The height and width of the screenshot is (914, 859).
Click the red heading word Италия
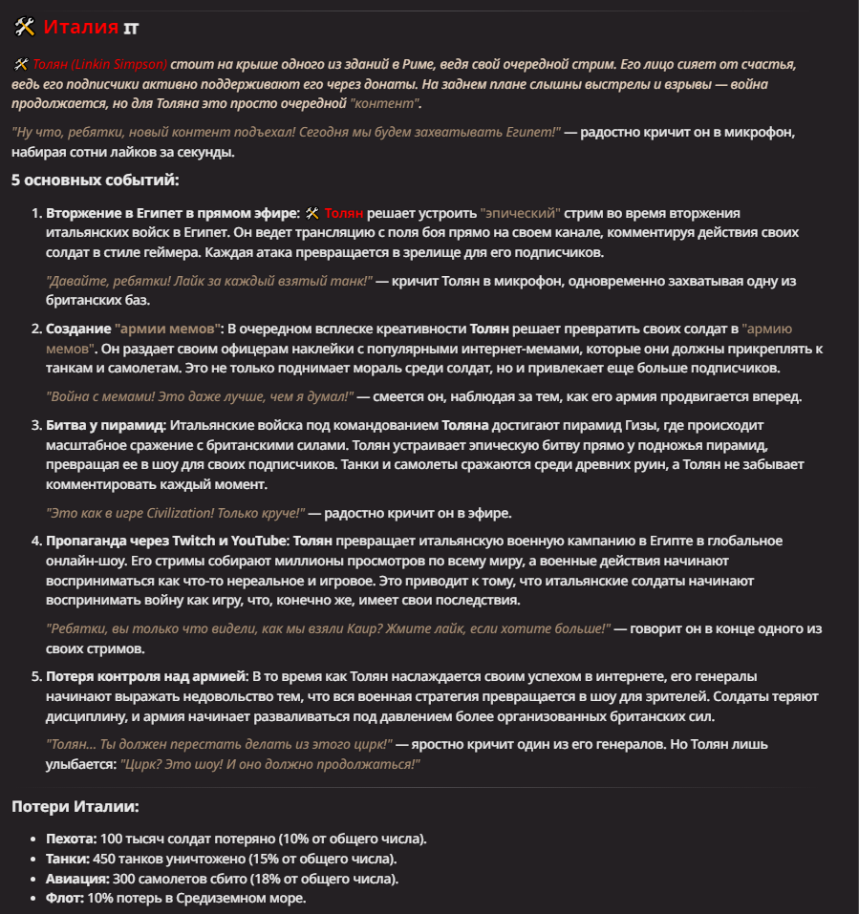tap(81, 27)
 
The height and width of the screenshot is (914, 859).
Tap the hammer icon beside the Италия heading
tap(25, 27)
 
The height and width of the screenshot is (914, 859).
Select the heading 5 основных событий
tap(95, 180)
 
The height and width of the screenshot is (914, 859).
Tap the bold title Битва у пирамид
tap(106, 424)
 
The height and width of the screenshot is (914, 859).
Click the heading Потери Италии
tap(75, 807)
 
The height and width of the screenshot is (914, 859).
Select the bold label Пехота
tap(70, 839)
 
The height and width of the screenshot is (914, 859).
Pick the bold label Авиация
tap(76, 879)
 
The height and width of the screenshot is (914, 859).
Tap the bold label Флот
tap(64, 899)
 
